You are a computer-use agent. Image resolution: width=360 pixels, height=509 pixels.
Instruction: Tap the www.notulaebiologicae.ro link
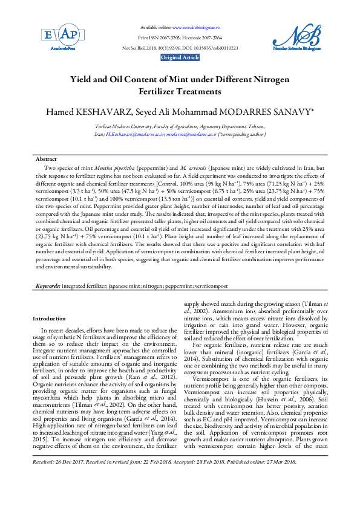[196, 28]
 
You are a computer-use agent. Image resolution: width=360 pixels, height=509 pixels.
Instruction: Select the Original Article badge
[180, 57]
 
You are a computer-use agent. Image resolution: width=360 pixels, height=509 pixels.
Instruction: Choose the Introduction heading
[50, 319]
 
